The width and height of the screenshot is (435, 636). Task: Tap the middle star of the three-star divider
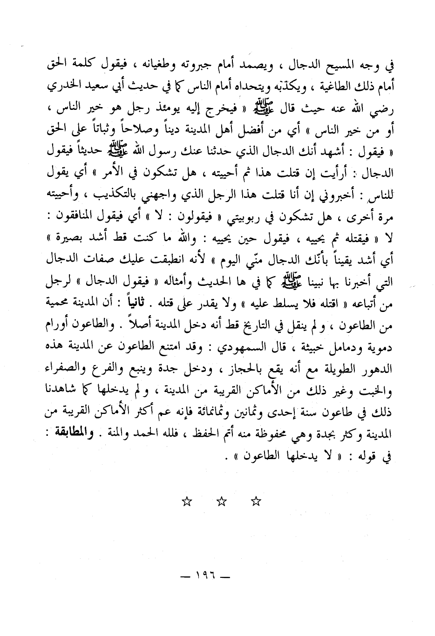click(222, 502)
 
